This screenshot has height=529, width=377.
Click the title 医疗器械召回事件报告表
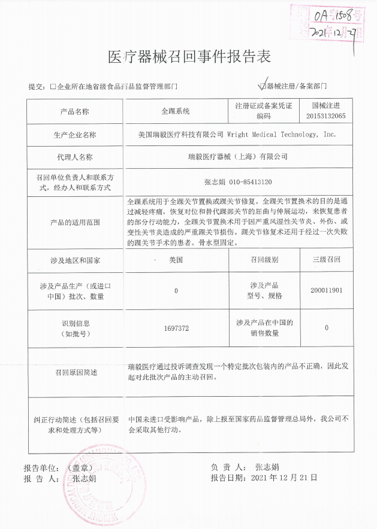tap(188, 56)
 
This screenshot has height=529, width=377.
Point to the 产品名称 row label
tap(75, 111)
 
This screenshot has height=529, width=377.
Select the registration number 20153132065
tap(325, 116)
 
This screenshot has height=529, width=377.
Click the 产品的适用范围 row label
tap(75, 222)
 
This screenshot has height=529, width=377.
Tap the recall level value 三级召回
tap(326, 260)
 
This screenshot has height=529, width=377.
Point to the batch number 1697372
tap(176, 328)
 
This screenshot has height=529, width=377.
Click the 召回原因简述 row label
tap(75, 372)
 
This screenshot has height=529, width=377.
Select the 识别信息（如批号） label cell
tap(75, 328)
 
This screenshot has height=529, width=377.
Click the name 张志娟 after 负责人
tap(267, 467)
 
